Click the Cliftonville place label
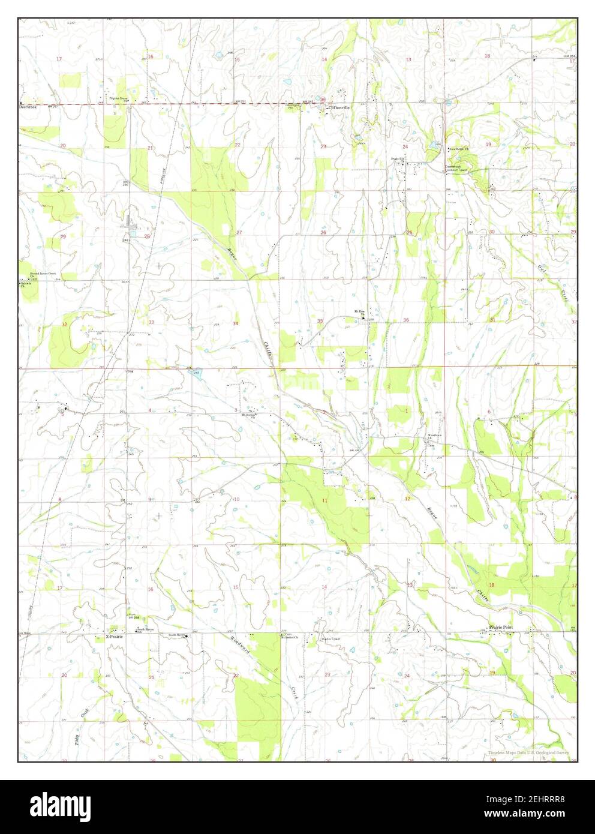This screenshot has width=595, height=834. pos(339,107)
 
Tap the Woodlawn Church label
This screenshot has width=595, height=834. pos(435,436)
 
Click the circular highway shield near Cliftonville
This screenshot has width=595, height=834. pos(322,100)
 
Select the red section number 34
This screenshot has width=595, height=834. pos(236,323)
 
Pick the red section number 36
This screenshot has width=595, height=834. pos(406,320)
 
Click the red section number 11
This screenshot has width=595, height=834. pos(324,500)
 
